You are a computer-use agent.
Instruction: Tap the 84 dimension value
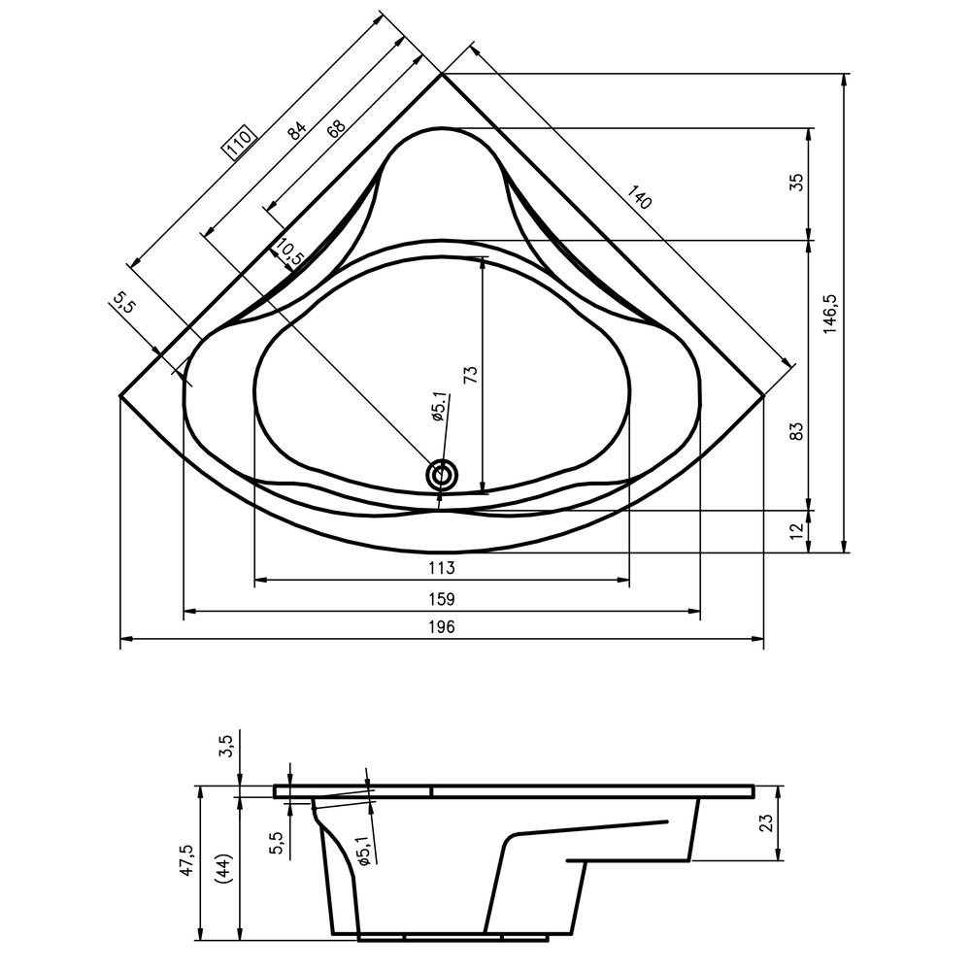coord(297,131)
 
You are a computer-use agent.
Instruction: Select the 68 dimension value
coord(336,127)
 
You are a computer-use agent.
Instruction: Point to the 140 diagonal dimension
coord(639,197)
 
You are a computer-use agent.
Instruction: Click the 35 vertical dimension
coord(797,183)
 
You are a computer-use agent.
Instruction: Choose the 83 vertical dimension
coord(797,431)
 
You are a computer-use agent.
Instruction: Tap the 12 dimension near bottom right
coord(797,530)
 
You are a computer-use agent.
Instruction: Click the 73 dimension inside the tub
coord(471,376)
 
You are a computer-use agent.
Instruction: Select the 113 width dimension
coord(442,567)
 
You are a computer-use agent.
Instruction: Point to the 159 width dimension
coord(442,599)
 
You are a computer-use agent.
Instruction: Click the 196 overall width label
coord(442,626)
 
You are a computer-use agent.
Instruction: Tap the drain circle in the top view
coord(442,476)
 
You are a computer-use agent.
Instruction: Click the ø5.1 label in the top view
coord(438,407)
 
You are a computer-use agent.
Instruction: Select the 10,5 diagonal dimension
coord(289,252)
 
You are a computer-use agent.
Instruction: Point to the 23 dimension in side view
coord(766,822)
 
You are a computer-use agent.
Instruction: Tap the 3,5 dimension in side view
coord(226,746)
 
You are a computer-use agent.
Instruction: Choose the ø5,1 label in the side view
coord(363,850)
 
